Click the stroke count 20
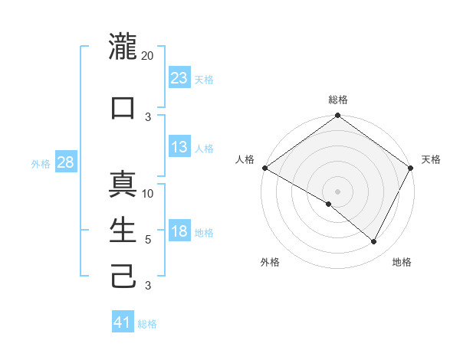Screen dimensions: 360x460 [x=148, y=56]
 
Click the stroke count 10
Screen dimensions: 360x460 [x=149, y=193]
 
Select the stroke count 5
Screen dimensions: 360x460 [x=149, y=240]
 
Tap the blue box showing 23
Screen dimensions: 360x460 [x=179, y=77]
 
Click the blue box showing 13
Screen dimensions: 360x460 [x=179, y=147]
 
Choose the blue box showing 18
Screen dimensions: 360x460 [x=179, y=231]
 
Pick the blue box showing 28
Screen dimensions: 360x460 [x=66, y=162]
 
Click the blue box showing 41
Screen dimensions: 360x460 [x=123, y=322]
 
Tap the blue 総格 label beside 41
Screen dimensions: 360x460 [x=147, y=324]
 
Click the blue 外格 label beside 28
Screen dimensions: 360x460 [x=41, y=163]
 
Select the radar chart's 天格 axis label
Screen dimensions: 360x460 [x=432, y=159]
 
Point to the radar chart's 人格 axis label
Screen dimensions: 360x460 [x=245, y=159]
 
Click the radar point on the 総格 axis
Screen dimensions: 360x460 [x=337, y=116]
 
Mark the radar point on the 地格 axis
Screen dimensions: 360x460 [x=374, y=242]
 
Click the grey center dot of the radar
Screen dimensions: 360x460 [x=337, y=191]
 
